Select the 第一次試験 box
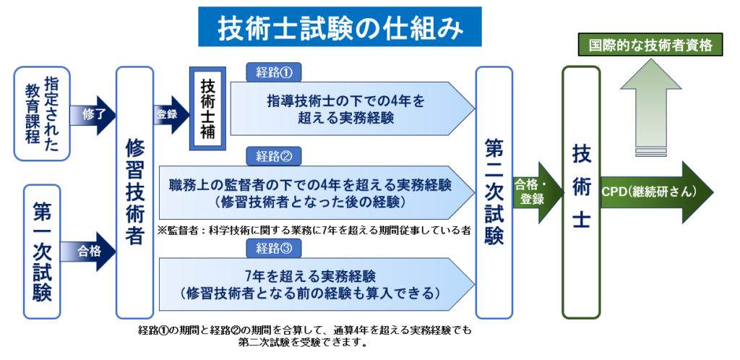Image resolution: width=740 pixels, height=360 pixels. (42, 251)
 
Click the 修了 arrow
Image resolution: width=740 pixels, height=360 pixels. (91, 115)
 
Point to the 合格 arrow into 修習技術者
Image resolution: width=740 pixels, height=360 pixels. (91, 251)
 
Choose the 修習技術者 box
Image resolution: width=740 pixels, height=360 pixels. (134, 192)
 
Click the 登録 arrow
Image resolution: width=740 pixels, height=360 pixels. (169, 115)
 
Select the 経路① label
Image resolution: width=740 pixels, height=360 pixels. (273, 72)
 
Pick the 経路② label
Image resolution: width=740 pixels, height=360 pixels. (273, 156)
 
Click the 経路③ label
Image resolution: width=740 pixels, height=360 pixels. (273, 249)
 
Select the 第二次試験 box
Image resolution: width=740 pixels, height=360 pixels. (494, 192)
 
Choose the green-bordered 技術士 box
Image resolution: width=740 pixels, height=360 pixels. (581, 192)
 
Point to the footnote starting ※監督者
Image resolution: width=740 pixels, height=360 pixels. (314, 231)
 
